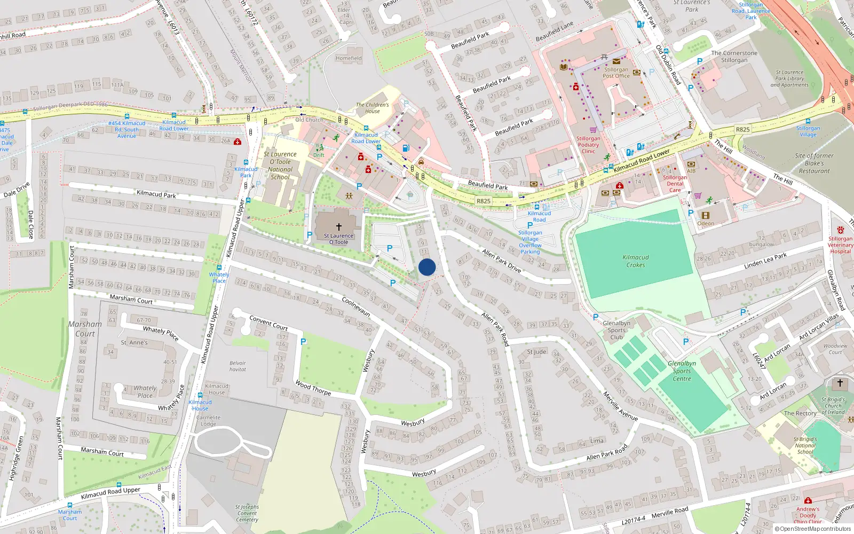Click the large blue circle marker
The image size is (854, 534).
click(427, 267)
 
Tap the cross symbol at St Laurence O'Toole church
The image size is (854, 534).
click(338, 227)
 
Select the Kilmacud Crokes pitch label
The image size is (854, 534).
click(636, 261)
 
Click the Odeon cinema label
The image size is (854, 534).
click(706, 224)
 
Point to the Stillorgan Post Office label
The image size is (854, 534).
click(616, 73)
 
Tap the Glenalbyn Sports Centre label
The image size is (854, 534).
click(682, 371)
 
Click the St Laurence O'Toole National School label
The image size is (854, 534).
click(280, 166)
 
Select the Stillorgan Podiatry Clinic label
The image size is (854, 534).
click(588, 145)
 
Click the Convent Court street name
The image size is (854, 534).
click(268, 322)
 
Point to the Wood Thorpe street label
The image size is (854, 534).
click(313, 388)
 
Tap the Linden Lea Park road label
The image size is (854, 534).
click(765, 261)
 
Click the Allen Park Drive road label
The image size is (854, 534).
click(501, 261)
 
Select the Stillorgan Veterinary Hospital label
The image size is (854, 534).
click(840, 245)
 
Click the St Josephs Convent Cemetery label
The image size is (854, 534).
click(247, 513)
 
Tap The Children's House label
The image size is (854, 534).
click(373, 108)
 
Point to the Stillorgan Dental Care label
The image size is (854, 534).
click(675, 184)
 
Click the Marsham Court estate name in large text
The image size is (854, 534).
click(85, 329)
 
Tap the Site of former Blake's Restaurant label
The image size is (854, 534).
click(814, 163)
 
